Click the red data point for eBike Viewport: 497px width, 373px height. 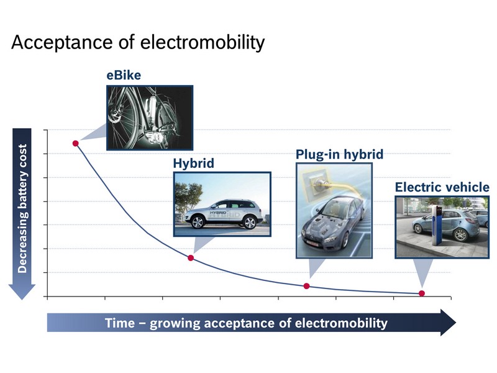(75, 144)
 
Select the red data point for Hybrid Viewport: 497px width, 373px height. (191, 258)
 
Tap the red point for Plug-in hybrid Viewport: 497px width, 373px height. (306, 286)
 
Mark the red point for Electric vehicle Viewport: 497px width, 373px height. (422, 293)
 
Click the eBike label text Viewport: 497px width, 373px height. (124, 75)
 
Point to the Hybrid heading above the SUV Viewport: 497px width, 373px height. (194, 163)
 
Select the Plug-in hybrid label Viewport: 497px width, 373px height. (339, 154)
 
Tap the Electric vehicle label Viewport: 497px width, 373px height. (442, 187)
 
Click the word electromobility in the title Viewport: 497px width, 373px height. (203, 42)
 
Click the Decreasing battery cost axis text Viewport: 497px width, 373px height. (22, 208)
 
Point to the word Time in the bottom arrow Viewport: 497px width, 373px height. (120, 323)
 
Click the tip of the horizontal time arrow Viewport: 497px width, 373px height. (456, 323)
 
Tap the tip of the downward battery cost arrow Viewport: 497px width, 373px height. (22, 300)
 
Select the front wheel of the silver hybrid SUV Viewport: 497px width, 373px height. (198, 222)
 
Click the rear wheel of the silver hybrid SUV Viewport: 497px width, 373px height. (250, 222)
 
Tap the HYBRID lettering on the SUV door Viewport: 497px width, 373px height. (218, 212)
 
